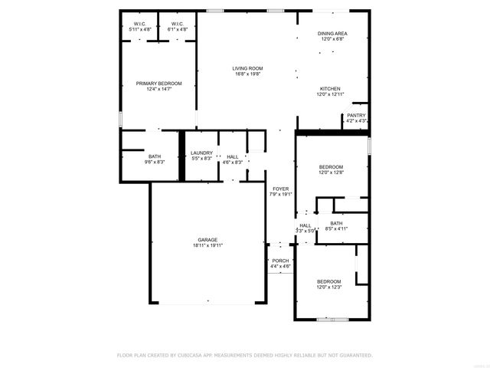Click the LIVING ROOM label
247,69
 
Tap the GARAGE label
207,240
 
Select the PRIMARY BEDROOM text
159,83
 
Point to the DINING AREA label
333,34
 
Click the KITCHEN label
330,88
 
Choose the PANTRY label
356,115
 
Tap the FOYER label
280,189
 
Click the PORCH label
280,261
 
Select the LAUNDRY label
201,153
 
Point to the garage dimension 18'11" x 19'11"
207,246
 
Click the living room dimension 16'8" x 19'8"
247,75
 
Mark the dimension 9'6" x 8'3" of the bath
155,163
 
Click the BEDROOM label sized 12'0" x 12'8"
331,167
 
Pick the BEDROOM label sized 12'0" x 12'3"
329,281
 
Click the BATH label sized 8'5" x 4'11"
336,223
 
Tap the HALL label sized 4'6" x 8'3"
232,156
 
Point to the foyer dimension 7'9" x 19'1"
280,195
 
